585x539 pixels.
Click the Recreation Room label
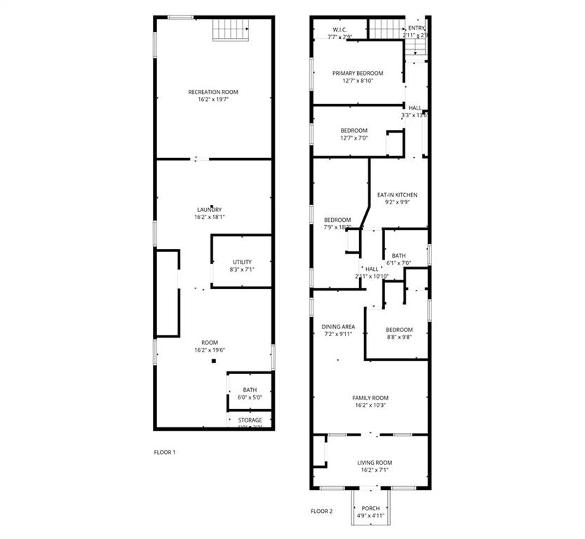213,92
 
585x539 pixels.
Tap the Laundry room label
210,209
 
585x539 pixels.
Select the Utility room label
242,262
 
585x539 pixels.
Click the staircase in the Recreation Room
232,29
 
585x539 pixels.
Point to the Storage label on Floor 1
250,420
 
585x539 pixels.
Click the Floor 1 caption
165,452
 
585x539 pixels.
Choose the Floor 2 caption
321,511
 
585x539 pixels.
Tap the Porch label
370,508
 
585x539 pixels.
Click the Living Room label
375,463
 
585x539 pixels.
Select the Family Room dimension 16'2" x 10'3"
370,406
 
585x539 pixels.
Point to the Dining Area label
338,326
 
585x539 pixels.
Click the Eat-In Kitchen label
397,194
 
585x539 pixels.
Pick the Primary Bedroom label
358,73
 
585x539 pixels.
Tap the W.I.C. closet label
340,29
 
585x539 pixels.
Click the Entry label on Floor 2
417,28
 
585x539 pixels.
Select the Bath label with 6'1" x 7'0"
398,255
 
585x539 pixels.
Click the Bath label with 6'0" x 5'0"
250,390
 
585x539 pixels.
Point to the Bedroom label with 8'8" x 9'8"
399,329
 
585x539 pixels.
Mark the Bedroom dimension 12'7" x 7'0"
354,138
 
